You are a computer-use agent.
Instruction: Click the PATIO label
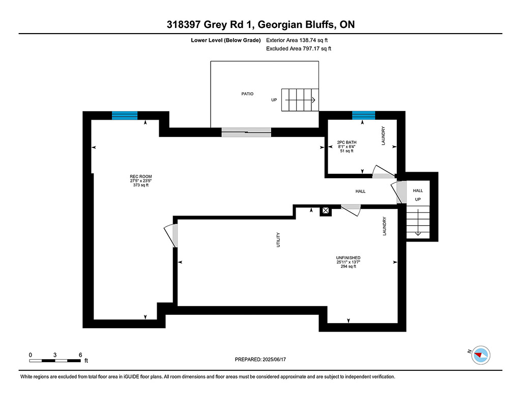coord(247,94)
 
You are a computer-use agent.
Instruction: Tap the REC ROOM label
coord(141,176)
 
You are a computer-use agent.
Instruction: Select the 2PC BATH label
coord(346,142)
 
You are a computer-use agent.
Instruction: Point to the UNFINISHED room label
coord(348,258)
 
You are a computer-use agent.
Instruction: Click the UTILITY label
coord(278,239)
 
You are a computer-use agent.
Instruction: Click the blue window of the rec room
coord(125,116)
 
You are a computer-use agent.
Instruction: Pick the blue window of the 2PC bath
coord(363,116)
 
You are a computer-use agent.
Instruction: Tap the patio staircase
coord(300,100)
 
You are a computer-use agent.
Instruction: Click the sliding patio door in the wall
coord(246,132)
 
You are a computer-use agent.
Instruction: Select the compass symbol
coord(481,355)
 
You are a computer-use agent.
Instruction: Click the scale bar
coord(55,361)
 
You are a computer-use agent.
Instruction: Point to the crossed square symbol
coord(326,210)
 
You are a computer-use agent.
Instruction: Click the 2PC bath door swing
coord(383,172)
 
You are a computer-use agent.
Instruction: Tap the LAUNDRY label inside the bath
coord(383,136)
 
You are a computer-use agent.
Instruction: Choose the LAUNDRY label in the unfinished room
coord(385,226)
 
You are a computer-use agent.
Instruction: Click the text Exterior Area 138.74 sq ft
coord(297,40)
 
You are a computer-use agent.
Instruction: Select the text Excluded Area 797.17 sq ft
coord(298,48)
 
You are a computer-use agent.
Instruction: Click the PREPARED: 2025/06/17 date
coord(260,359)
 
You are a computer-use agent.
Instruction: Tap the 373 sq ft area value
coord(141,185)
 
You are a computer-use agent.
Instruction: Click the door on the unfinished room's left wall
coord(171,235)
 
